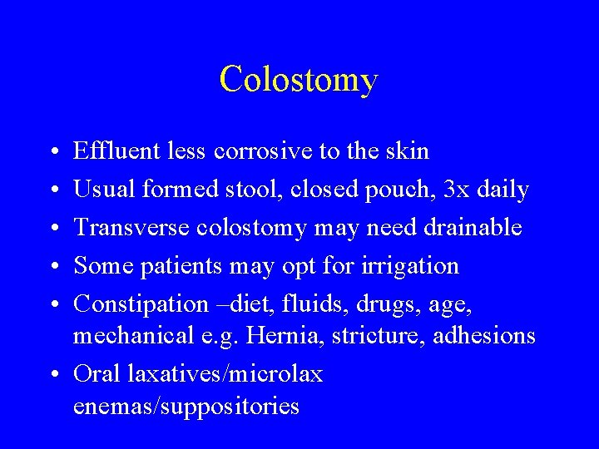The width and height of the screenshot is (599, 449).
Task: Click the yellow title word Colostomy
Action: [299, 80]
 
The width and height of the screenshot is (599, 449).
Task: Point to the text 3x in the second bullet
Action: [456, 190]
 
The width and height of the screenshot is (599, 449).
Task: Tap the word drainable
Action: [474, 227]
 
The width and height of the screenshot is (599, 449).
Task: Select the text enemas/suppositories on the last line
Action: [186, 407]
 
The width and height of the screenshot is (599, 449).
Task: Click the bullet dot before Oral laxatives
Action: [53, 375]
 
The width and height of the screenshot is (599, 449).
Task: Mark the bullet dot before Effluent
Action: [53, 152]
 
